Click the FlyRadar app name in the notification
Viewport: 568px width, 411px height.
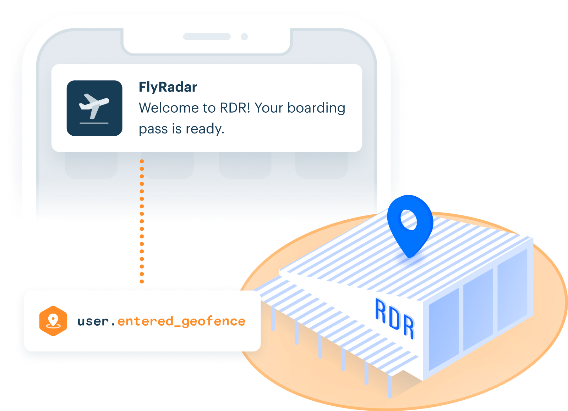168,87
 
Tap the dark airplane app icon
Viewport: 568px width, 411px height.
94,108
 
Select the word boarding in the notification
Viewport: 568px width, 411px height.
316,108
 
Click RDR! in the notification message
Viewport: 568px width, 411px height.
235,108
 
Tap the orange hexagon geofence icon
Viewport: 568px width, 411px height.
53,321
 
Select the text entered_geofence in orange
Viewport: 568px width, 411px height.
181,321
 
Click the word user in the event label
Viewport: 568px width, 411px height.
93,321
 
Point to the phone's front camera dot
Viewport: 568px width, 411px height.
244,37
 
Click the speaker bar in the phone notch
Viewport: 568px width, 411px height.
207,37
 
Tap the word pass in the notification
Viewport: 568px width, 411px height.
153,129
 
